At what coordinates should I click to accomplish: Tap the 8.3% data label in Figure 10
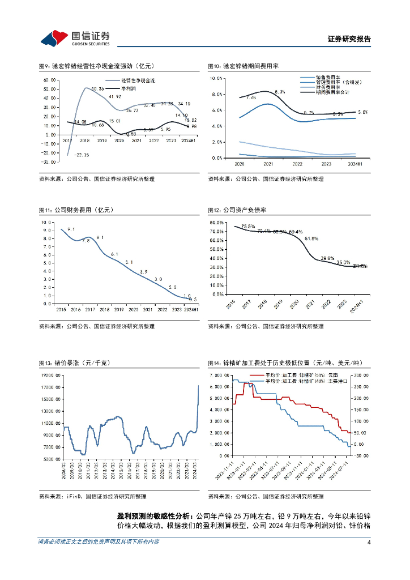(x=280, y=92)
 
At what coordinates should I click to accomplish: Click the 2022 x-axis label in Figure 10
(x=296, y=163)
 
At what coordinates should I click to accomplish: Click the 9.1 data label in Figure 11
(x=71, y=229)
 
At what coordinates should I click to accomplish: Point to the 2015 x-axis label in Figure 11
(x=60, y=310)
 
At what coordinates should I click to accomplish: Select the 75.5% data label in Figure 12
(x=247, y=227)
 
